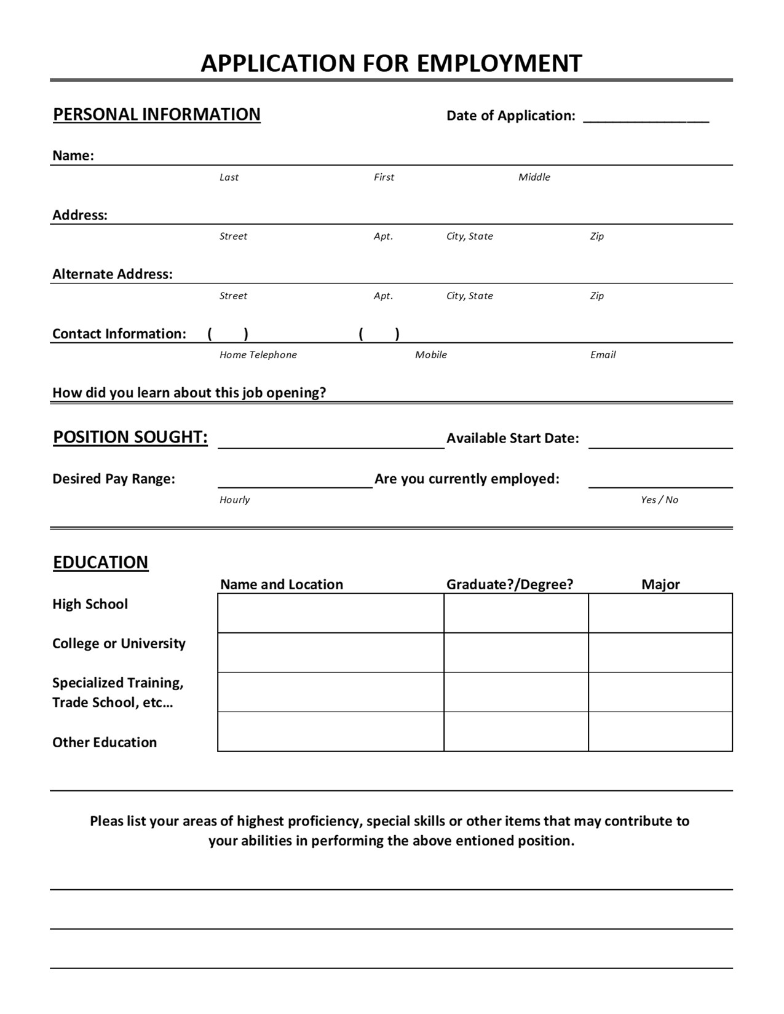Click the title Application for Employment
tap(391, 63)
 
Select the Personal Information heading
tap(157, 115)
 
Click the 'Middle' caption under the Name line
tap(534, 177)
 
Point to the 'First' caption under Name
tap(384, 177)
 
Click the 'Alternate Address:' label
tap(113, 274)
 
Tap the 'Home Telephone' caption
tap(258, 355)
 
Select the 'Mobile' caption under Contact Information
tap(430, 355)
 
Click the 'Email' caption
tap(603, 355)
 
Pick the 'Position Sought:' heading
tap(130, 437)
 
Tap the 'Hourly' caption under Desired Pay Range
tap(234, 500)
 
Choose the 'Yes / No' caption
tap(659, 500)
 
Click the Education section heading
tap(101, 562)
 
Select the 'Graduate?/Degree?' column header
tap(509, 584)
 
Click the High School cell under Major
tap(660, 613)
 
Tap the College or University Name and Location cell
tap(331, 653)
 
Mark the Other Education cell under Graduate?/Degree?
tap(516, 731)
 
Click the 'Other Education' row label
tap(105, 742)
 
